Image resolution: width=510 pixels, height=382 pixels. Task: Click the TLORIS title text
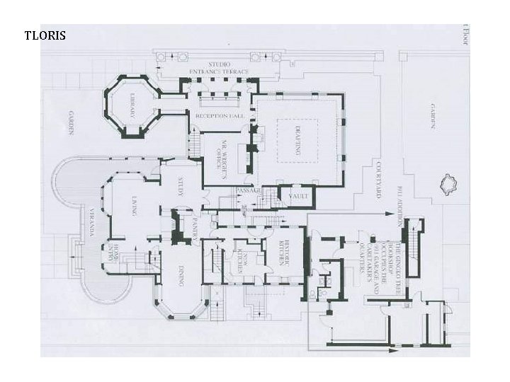coord(45,35)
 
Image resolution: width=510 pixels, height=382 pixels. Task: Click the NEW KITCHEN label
coord(242,255)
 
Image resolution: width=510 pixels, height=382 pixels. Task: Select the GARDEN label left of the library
coord(72,122)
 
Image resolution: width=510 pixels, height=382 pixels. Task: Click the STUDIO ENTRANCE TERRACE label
coord(220,69)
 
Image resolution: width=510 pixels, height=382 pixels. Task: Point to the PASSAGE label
coord(249,191)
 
